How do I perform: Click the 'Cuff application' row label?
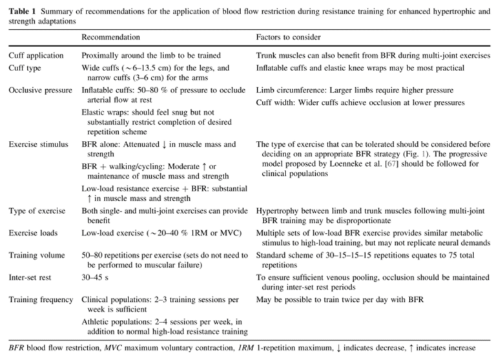coord(36,56)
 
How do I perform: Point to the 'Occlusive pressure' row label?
coord(40,90)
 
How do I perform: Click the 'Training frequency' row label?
coord(41,301)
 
